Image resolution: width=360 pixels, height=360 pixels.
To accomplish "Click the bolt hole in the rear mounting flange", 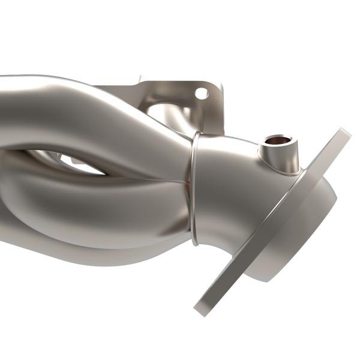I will (202, 93).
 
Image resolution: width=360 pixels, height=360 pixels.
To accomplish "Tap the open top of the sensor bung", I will (277, 141).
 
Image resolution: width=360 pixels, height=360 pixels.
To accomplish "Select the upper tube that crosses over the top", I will (90, 108).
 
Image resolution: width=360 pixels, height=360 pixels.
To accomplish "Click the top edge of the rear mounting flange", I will (180, 80).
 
